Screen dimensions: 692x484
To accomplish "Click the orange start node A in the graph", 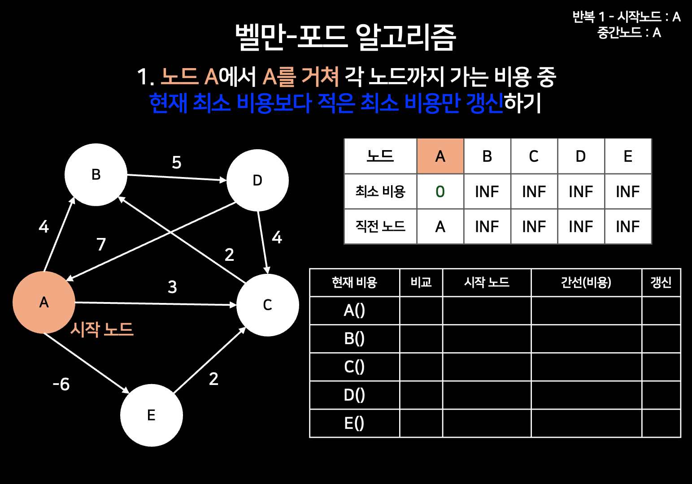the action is [44, 302].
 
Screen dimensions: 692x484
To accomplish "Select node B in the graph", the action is [96, 175].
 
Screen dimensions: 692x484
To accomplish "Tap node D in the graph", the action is [257, 180].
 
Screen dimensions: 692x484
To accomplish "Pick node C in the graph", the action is [267, 305].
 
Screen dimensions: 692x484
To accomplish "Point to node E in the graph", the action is [151, 415].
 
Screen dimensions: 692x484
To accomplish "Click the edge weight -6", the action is [61, 384].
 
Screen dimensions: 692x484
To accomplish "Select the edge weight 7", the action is [101, 244].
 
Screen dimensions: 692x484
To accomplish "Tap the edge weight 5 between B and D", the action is [177, 162].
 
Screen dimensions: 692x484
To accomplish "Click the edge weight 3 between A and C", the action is [172, 287].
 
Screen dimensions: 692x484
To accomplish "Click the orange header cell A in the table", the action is [440, 156].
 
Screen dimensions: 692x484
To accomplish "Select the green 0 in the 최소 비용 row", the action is [440, 192].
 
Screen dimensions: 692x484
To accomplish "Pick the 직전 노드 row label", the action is [380, 226].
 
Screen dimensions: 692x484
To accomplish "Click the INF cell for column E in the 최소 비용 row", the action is [627, 192].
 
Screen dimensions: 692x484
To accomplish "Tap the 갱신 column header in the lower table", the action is [661, 282].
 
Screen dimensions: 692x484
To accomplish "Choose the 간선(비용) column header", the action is [586, 282].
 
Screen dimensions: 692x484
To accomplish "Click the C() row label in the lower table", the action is [354, 367].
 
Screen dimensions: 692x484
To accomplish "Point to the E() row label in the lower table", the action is [354, 423].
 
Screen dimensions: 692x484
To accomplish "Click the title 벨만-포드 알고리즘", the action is [345, 37].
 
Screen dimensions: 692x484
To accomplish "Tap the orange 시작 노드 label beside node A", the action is [102, 329].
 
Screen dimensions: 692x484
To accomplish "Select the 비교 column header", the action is [421, 282].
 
